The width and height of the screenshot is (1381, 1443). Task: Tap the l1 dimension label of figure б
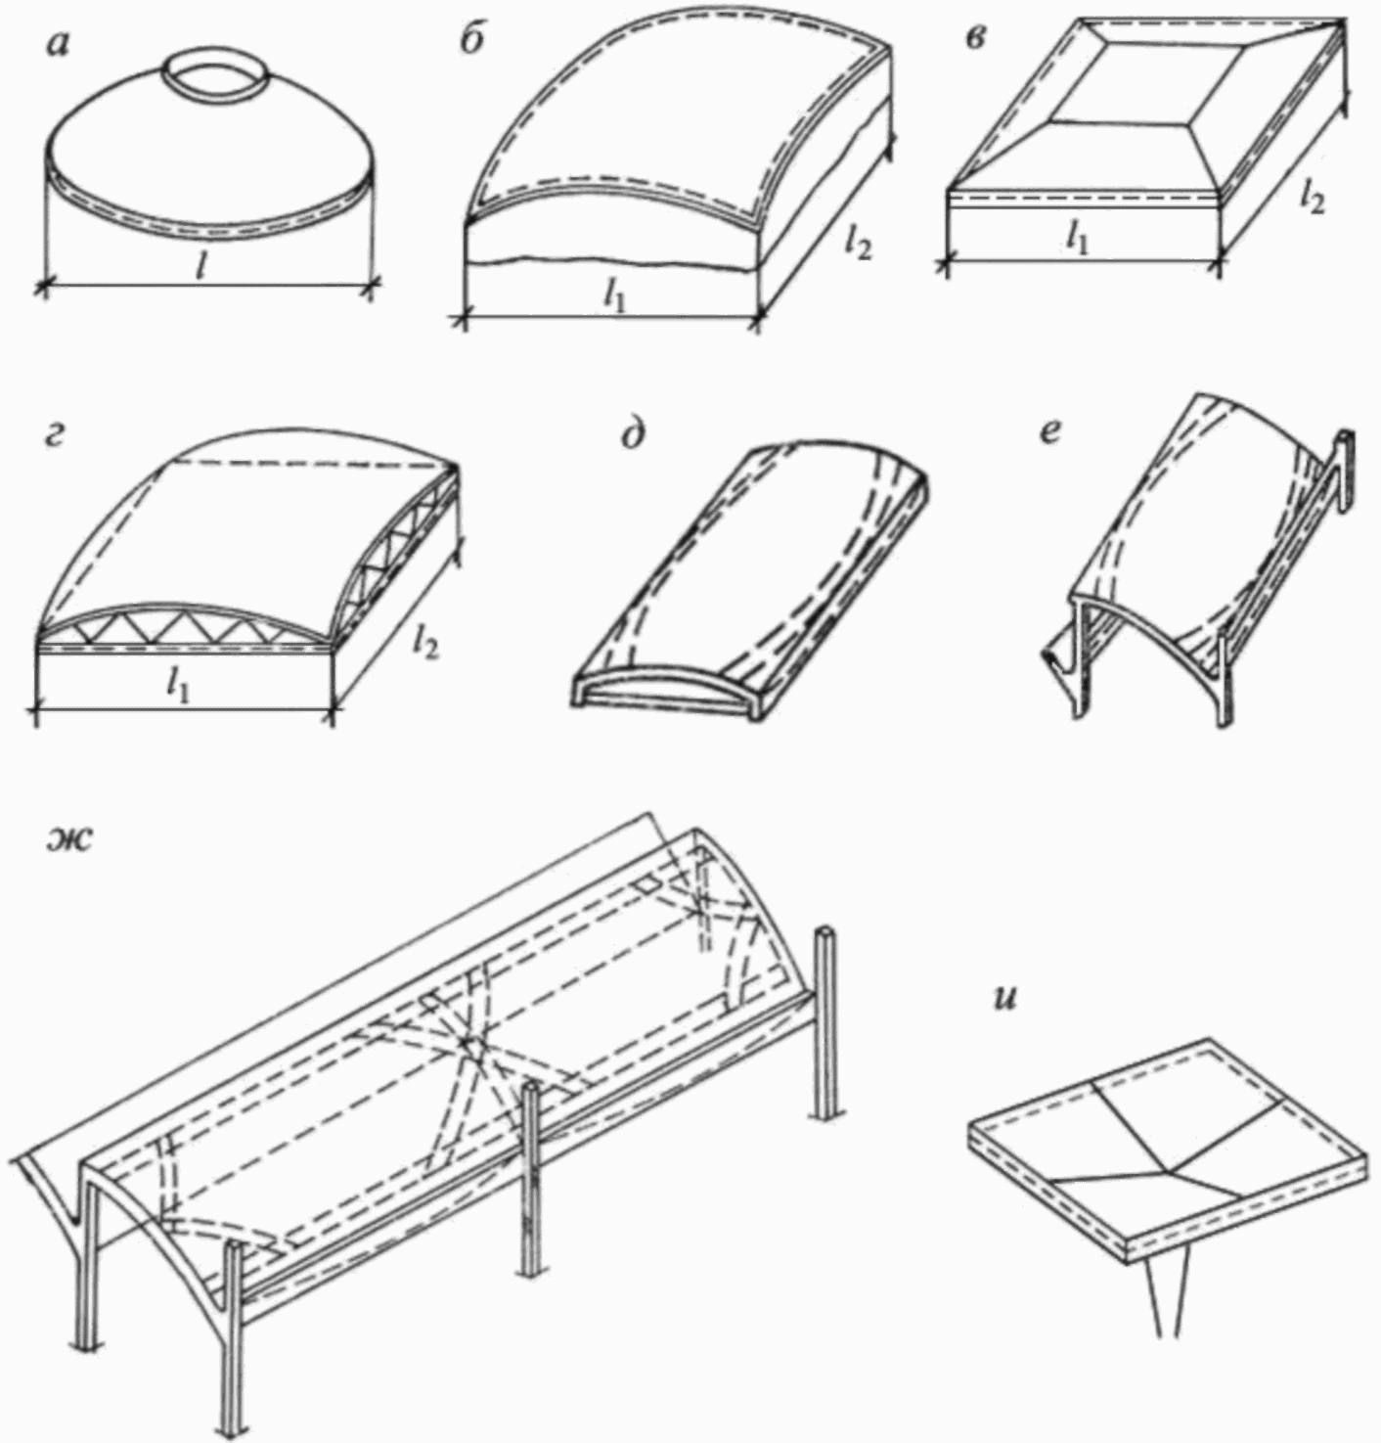click(613, 296)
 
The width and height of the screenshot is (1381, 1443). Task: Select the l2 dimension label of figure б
click(859, 243)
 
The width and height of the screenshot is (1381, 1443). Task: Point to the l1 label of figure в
click(1077, 238)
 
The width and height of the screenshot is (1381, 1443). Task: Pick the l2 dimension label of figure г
click(424, 641)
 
